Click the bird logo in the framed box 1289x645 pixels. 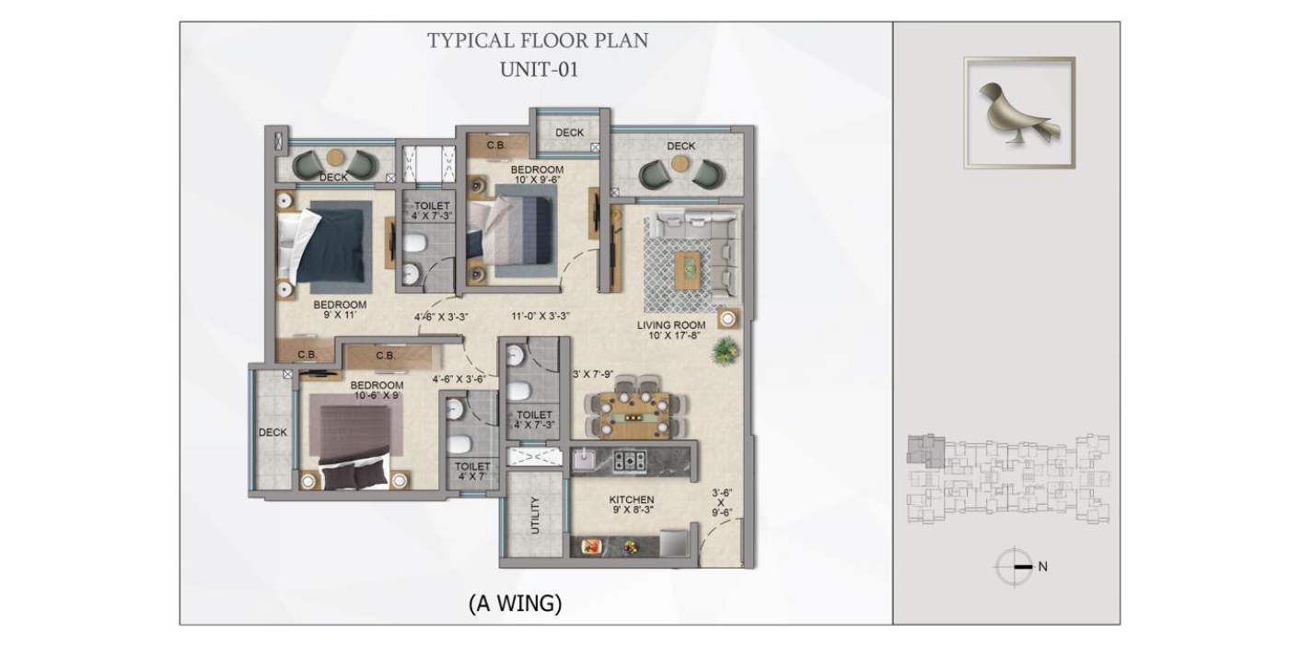coord(1018,113)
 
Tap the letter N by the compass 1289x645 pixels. coord(1042,567)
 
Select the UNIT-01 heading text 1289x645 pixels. coord(539,70)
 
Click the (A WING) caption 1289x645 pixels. coord(515,604)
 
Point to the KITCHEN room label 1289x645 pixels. coord(632,499)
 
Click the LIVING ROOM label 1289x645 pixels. coord(671,324)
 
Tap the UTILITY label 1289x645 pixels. coord(535,515)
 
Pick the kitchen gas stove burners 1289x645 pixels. coord(630,461)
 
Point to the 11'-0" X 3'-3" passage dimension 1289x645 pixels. coord(540,315)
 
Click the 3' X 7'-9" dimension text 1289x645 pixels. coord(593,374)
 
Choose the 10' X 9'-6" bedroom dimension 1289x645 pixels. coord(537,180)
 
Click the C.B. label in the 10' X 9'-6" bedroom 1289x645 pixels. coord(496,146)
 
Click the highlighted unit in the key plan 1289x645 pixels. coord(925,451)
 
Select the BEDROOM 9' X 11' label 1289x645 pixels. coord(340,310)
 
